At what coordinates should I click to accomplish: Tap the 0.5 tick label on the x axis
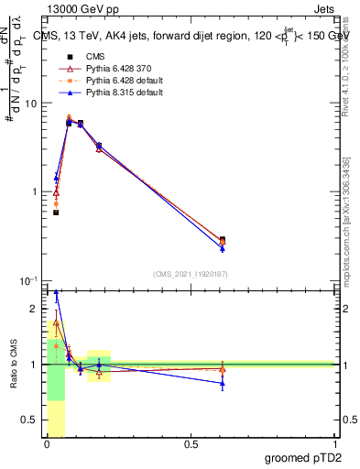[191, 445]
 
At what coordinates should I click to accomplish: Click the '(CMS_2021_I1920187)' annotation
[191, 273]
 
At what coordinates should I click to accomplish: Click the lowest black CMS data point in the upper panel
[56, 213]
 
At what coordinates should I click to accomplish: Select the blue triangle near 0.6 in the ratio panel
[223, 384]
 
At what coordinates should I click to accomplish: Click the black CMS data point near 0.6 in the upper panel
[223, 240]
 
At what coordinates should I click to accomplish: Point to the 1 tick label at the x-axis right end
[335, 445]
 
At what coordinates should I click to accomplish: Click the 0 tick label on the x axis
[46, 445]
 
